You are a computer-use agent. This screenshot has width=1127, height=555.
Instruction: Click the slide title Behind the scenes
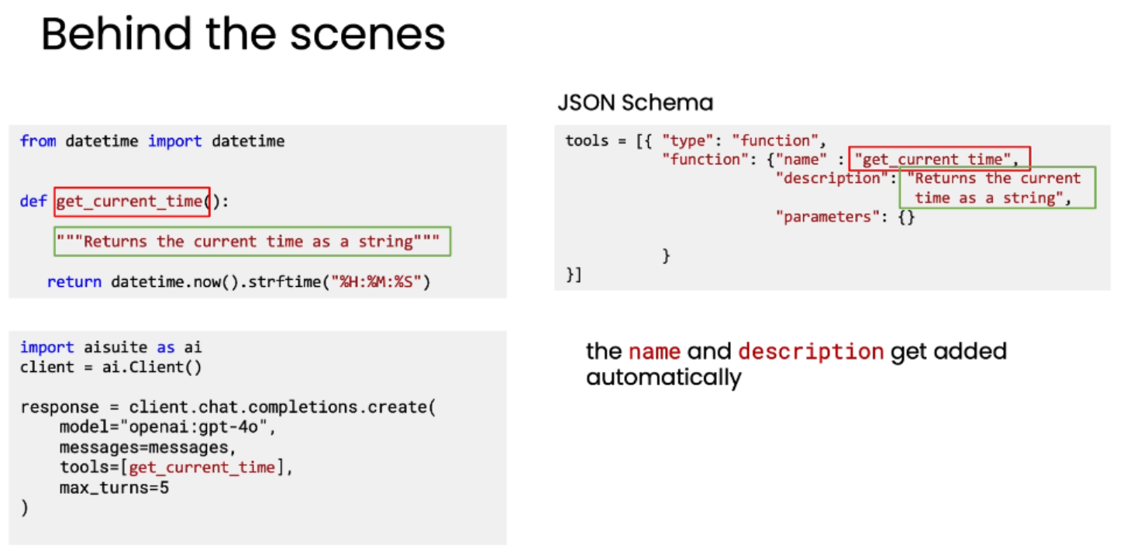pyautogui.click(x=243, y=36)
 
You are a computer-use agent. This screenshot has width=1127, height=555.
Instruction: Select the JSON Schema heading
pyautogui.click(x=635, y=102)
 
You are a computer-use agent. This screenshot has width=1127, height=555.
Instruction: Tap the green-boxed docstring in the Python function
pyautogui.click(x=252, y=242)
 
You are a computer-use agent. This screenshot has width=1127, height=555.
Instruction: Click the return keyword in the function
pyautogui.click(x=74, y=281)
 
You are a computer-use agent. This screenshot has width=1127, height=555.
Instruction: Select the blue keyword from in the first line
pyautogui.click(x=38, y=141)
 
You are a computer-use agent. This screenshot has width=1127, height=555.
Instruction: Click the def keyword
pyautogui.click(x=33, y=202)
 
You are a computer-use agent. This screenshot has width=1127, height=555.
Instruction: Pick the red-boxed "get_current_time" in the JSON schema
pyautogui.click(x=939, y=160)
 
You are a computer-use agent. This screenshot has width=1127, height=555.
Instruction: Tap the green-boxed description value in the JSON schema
pyautogui.click(x=997, y=188)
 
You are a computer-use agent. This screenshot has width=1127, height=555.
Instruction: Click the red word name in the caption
pyautogui.click(x=654, y=352)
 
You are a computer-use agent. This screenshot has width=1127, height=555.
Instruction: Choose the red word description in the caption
pyautogui.click(x=810, y=352)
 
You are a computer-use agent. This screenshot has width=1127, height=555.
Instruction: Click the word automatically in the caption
pyautogui.click(x=663, y=378)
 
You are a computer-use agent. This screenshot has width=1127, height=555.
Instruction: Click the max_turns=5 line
pyautogui.click(x=114, y=488)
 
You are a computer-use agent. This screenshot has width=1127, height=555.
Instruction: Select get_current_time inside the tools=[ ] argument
pyautogui.click(x=202, y=467)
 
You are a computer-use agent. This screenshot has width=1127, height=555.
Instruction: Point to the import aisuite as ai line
pyautogui.click(x=111, y=347)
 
